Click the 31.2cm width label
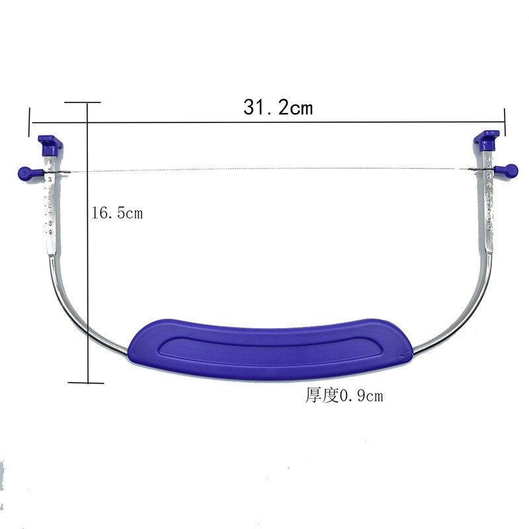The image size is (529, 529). [x=278, y=108]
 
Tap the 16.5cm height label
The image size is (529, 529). [x=117, y=213]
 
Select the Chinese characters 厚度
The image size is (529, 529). [x=322, y=395]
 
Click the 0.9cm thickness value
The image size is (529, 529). [x=361, y=395]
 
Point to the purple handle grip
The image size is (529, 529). [x=270, y=349]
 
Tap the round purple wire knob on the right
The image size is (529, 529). [x=508, y=171]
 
